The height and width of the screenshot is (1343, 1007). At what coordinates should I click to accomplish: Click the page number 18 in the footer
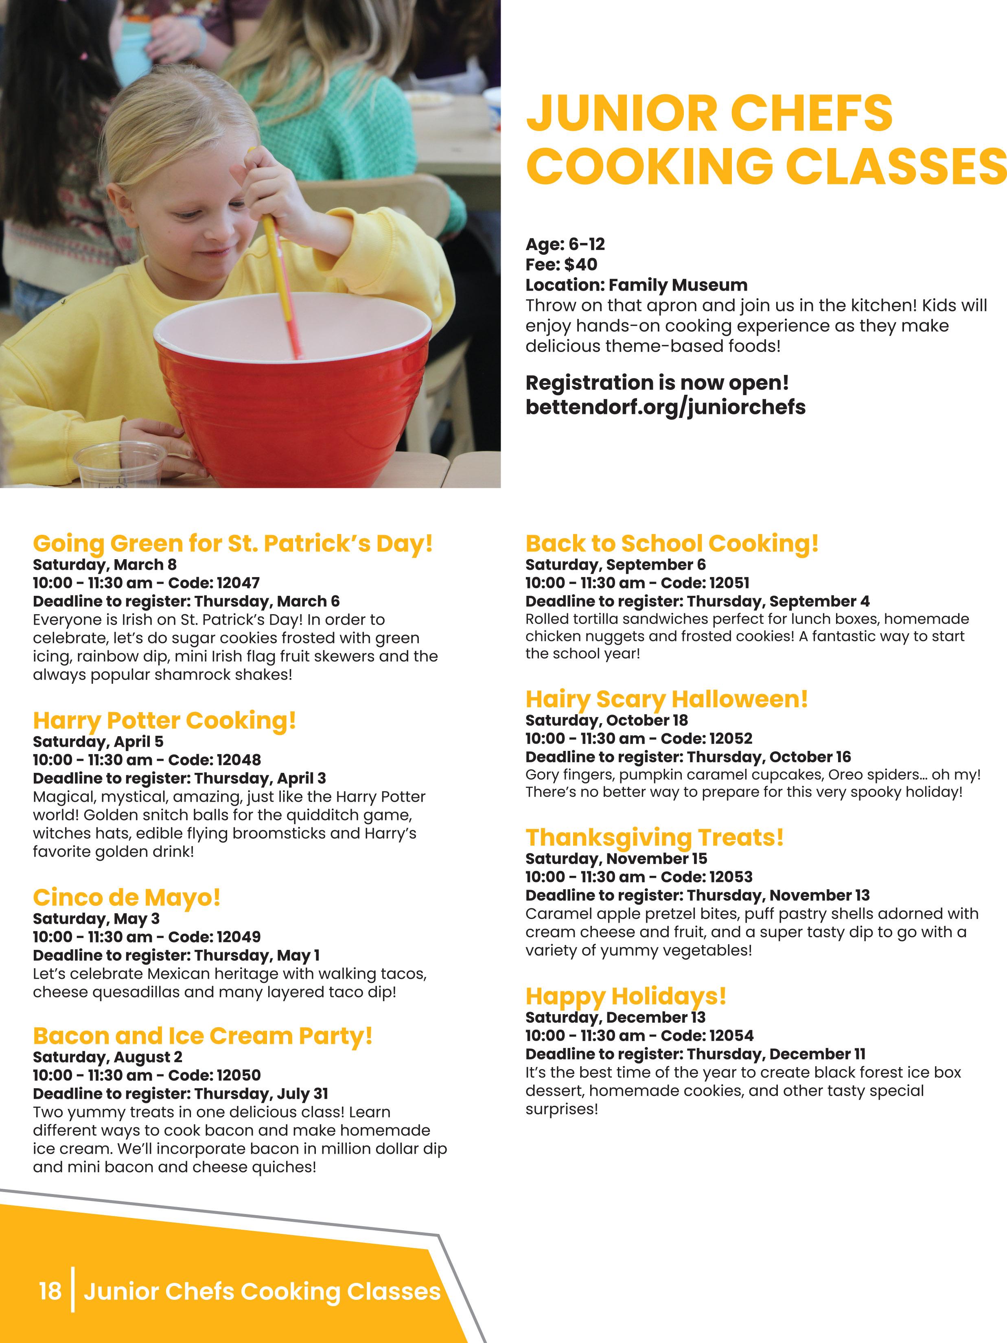click(50, 1291)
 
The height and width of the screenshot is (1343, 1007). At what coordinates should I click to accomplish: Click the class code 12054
click(732, 1035)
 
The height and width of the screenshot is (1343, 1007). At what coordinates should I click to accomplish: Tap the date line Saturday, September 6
click(615, 564)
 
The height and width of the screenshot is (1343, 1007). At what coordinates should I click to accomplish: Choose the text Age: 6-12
click(565, 244)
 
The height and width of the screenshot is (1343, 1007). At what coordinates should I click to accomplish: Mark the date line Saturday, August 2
click(107, 1057)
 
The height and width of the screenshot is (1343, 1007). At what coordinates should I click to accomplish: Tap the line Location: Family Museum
click(636, 285)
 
